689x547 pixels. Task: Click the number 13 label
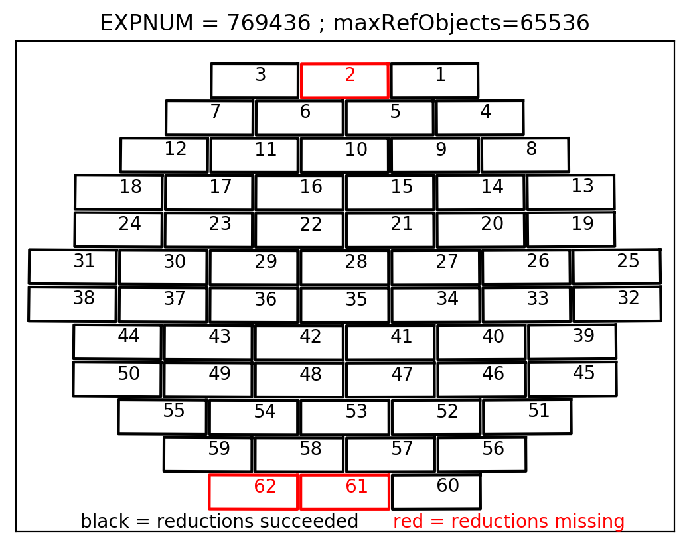pos(582,186)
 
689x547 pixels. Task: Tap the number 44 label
pos(129,336)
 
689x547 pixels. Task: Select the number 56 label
pos(493,449)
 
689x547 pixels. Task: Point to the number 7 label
pos(215,111)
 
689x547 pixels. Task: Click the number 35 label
pos(356,300)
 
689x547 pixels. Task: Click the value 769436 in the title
pos(268,23)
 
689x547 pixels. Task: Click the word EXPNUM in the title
pos(146,23)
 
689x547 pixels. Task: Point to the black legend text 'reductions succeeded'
pos(258,522)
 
